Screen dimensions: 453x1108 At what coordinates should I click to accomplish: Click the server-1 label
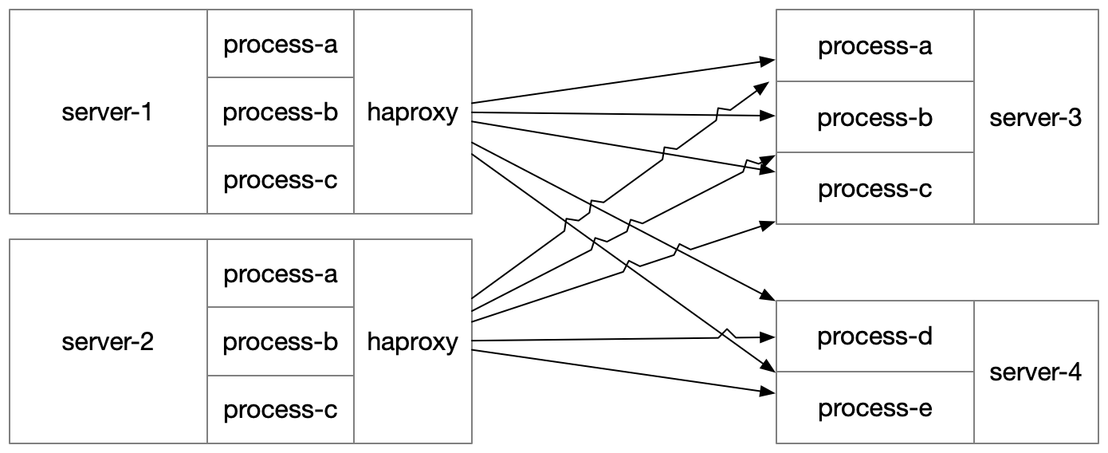tap(107, 112)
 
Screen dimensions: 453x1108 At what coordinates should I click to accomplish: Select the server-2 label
tap(107, 342)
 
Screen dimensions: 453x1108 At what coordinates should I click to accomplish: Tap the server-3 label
tap(1035, 118)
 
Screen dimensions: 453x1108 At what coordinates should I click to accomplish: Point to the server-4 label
tap(1035, 372)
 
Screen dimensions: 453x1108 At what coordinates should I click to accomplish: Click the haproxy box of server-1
tap(412, 112)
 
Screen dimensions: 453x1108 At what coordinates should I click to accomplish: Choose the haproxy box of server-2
tap(412, 342)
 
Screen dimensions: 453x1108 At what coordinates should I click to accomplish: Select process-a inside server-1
tap(281, 45)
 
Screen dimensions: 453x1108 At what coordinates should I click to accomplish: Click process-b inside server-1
tap(281, 112)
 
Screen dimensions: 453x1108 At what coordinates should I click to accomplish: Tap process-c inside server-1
tap(281, 180)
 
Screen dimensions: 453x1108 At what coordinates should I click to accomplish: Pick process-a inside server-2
tap(281, 274)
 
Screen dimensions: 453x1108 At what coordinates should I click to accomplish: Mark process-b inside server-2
tap(281, 342)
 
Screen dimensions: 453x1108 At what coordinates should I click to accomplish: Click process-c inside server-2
tap(281, 410)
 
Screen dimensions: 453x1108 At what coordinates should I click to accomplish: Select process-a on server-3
tap(874, 46)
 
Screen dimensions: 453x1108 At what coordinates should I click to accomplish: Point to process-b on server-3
tap(874, 118)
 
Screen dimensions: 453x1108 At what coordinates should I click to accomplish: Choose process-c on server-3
tap(874, 189)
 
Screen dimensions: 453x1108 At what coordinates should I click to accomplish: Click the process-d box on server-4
tap(874, 337)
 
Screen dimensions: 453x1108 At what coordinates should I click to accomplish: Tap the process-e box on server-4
tap(874, 408)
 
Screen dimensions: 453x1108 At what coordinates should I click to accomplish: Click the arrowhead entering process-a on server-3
tap(768, 61)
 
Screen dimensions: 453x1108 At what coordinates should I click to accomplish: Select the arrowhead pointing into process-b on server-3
tap(768, 116)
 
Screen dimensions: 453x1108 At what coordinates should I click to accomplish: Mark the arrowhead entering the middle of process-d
tap(768, 337)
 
